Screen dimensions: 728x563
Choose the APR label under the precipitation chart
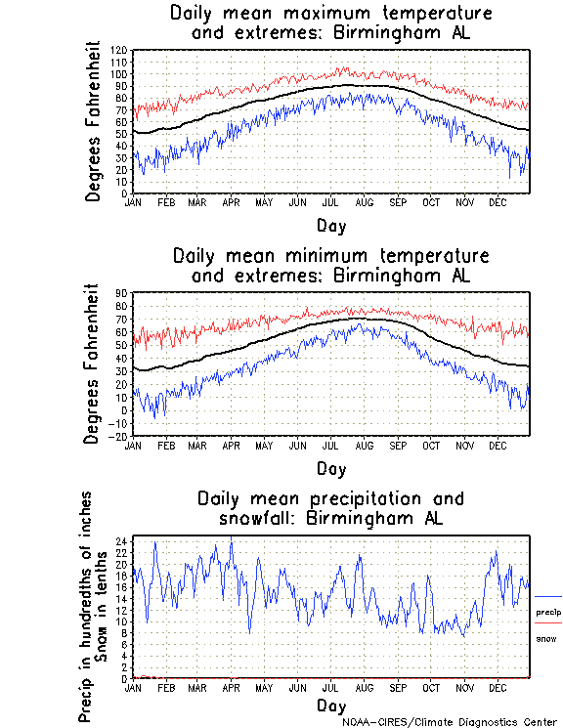[x=232, y=687]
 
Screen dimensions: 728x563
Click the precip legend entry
[x=548, y=612]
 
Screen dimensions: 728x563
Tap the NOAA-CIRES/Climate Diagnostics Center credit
[x=451, y=721]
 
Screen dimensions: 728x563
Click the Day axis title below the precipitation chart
[x=330, y=705]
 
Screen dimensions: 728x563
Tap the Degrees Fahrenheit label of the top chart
[x=93, y=121]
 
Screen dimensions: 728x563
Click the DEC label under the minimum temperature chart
[x=497, y=445]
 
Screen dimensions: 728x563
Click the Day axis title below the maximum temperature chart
[x=330, y=225]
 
